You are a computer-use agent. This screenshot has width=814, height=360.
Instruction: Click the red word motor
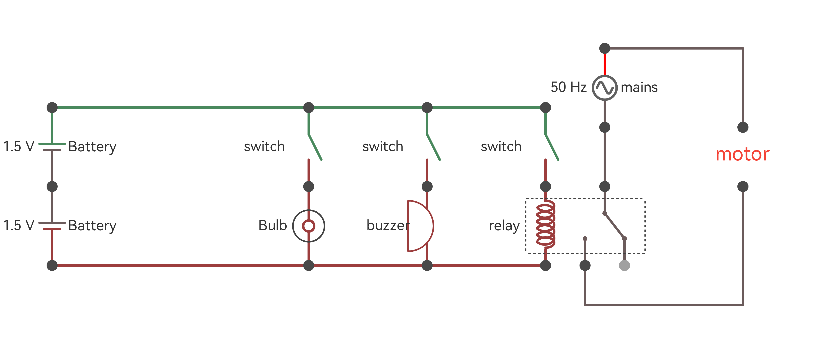742,155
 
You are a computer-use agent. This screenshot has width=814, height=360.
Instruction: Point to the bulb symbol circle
309,226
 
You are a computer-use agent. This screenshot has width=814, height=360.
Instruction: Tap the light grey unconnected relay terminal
624,265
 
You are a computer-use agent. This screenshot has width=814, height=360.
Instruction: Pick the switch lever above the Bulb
315,147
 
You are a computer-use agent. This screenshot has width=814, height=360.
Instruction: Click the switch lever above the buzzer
433,147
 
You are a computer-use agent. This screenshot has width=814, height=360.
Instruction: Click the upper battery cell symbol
52,147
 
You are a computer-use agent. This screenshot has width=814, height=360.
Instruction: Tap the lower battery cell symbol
52,226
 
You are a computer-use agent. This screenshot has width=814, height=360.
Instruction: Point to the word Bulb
272,226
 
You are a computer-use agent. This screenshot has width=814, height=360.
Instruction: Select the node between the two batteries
52,187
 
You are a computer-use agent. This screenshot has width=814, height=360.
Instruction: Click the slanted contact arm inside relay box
614,226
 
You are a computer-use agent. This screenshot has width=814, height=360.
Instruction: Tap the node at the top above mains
605,48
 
